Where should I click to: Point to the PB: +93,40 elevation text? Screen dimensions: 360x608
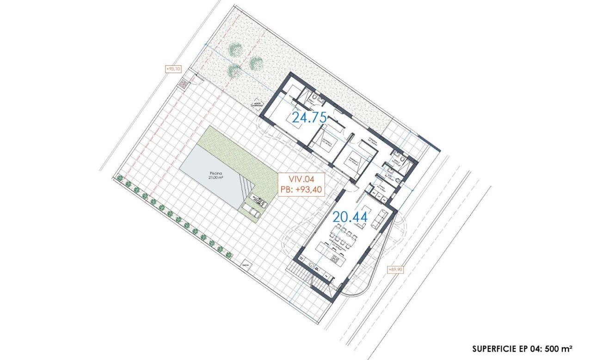click(301, 189)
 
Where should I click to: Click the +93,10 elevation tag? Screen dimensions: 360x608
click(173, 68)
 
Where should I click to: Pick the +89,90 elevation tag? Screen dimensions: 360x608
click(395, 269)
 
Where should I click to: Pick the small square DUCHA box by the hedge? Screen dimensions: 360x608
click(245, 264)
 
